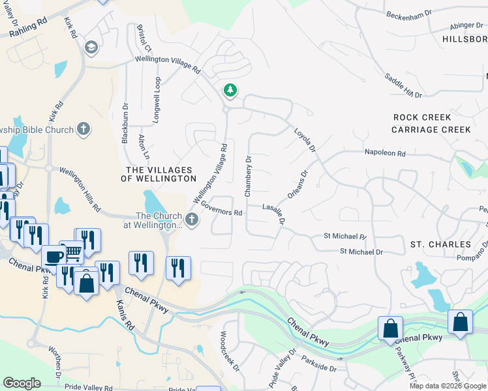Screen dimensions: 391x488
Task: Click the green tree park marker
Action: click(229, 90)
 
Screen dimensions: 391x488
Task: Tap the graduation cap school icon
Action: click(91, 47)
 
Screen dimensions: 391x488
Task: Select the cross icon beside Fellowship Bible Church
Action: click(83, 128)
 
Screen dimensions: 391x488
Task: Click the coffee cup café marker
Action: click(53, 256)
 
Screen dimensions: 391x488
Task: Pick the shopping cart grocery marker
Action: click(72, 251)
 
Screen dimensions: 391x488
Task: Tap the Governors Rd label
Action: click(222, 208)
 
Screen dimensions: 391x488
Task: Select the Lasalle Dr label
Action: click(274, 213)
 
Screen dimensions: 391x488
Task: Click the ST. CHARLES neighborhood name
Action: click(440, 244)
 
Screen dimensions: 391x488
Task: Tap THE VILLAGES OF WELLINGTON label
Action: click(160, 174)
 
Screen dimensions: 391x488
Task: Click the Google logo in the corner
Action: click(22, 383)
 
